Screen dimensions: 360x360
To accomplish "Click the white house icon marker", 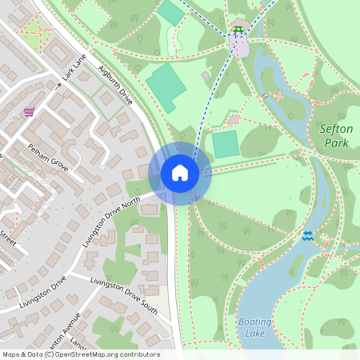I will click(179, 173).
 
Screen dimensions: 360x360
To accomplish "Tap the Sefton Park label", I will click(336, 135).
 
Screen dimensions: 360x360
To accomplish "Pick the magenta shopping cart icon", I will click(30, 112).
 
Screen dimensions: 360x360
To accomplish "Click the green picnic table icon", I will click(238, 32).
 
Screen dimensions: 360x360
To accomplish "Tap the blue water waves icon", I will click(308, 235).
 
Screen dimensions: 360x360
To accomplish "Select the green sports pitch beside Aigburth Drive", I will click(166, 87).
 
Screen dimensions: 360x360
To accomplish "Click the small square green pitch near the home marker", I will click(225, 144).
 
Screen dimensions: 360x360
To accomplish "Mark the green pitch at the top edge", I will click(170, 12).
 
